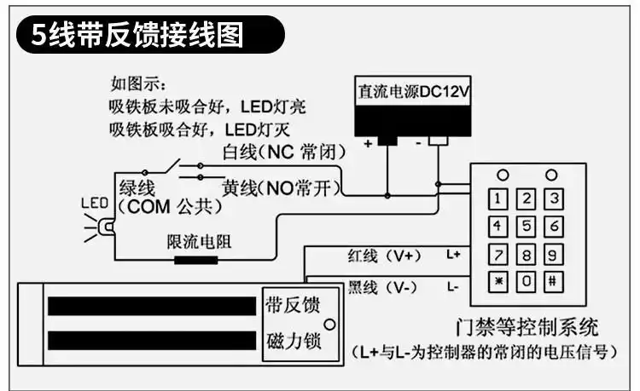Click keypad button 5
528,227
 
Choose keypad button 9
554,253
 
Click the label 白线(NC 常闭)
283,153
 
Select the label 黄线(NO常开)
282,187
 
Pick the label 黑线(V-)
380,288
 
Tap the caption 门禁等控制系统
528,326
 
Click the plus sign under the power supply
368,144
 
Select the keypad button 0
528,280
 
